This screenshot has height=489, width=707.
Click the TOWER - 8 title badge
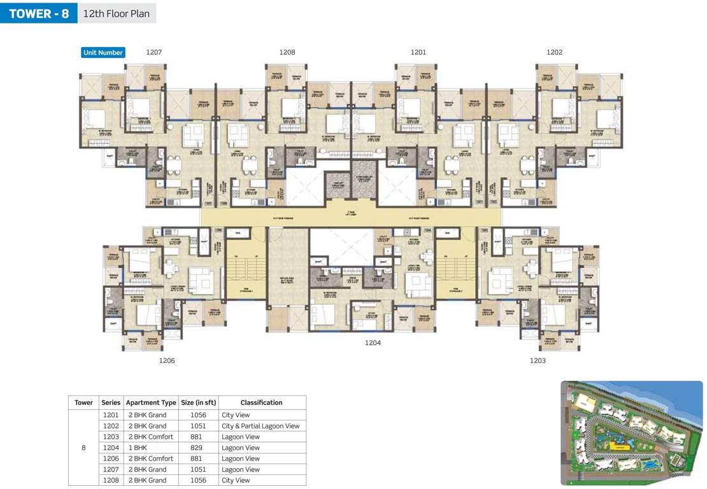click(38, 13)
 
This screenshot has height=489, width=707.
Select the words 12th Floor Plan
click(117, 13)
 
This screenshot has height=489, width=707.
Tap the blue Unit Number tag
click(103, 52)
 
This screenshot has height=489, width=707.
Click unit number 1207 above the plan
click(154, 52)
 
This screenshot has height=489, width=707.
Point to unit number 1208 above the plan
click(287, 52)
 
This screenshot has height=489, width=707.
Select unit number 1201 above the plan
click(418, 52)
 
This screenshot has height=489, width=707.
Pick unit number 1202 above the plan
click(554, 52)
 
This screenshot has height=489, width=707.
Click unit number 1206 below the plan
click(167, 360)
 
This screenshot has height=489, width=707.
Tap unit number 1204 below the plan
click(373, 343)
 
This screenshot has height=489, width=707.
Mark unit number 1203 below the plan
click(538, 360)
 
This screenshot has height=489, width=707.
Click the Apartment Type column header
click(151, 402)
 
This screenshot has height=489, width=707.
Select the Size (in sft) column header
click(199, 402)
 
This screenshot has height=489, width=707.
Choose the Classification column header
click(261, 402)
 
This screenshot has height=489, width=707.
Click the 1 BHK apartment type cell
click(138, 448)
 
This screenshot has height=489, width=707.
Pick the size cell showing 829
click(198, 448)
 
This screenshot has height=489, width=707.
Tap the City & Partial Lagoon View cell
click(261, 426)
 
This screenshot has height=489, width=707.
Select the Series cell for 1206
click(111, 458)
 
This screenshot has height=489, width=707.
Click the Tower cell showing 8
click(83, 448)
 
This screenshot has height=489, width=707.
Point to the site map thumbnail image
click(631, 432)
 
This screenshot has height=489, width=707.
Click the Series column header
click(111, 402)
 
